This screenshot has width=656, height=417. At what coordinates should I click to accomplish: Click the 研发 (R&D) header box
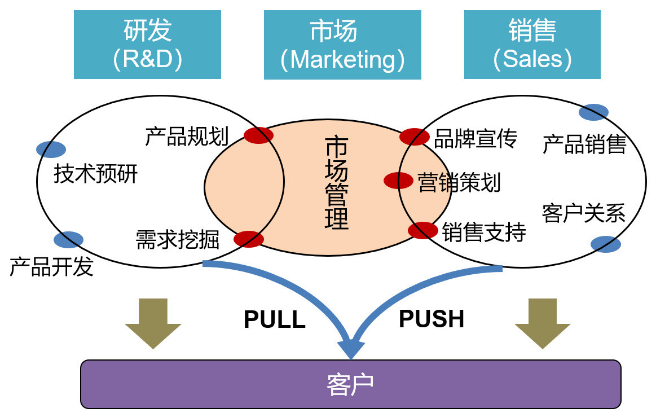coord(147,45)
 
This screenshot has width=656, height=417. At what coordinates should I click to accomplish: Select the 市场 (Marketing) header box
coord(342,45)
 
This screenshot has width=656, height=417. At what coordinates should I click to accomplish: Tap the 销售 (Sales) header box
coord(532,45)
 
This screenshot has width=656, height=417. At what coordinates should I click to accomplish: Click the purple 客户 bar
coord(350,384)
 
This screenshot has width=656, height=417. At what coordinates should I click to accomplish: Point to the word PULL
coord(274,320)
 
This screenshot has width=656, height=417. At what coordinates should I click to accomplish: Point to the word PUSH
coord(432,319)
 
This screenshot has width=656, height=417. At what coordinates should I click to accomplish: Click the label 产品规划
coord(186,137)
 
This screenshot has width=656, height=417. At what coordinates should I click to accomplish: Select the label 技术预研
coord(95,174)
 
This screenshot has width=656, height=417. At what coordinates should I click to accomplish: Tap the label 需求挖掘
coord(177,240)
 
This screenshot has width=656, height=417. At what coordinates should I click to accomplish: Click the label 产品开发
coord(51,267)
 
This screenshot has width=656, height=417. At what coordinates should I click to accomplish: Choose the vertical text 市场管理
coord(337,182)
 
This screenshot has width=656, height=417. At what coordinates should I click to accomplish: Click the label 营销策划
coord(459,183)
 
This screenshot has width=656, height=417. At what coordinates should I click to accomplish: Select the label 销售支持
coord(483,232)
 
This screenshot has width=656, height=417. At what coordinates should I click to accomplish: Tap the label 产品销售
coord(584,144)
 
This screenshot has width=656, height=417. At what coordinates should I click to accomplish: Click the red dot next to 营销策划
coord(399,181)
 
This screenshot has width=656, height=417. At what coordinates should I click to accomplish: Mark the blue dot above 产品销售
coord(593,112)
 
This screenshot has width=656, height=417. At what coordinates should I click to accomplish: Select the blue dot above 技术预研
coord(51,150)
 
